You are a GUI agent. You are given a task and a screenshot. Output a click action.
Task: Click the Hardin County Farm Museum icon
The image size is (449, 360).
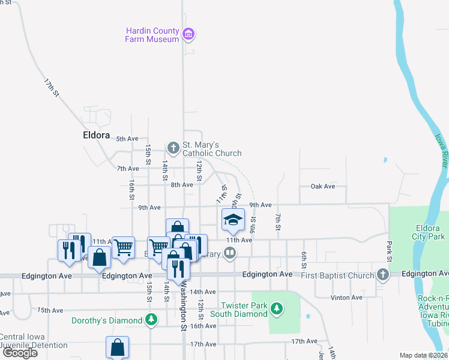(x=189, y=34)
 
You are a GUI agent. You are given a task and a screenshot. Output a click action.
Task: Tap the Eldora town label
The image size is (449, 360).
(x=96, y=135)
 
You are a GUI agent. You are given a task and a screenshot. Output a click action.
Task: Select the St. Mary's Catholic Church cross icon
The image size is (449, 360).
(x=173, y=148)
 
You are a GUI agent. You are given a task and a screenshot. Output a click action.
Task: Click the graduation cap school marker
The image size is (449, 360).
(x=233, y=220)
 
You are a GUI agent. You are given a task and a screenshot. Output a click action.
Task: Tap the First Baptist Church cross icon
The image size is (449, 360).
(x=383, y=275)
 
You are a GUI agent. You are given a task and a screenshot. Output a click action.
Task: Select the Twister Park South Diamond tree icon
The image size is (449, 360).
(x=276, y=309)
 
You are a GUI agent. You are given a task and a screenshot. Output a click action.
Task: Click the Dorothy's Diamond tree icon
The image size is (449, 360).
(x=152, y=320)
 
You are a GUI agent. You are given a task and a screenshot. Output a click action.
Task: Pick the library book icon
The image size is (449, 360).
(x=230, y=254)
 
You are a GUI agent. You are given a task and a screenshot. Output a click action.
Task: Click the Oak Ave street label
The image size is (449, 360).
(x=322, y=187)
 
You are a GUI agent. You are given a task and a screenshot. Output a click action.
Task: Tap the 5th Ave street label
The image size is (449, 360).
(x=127, y=139)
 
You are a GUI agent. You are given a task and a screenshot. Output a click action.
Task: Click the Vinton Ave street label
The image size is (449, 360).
(x=346, y=297)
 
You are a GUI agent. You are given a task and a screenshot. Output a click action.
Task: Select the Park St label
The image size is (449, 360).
(x=389, y=251)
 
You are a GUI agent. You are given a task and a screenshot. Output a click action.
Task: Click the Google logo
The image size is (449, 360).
(x=20, y=353)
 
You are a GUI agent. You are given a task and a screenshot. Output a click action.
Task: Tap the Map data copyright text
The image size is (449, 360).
(x=424, y=355)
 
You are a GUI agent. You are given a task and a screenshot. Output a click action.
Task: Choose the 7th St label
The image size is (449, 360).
(x=278, y=221)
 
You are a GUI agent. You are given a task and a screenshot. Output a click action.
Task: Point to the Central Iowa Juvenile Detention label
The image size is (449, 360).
(x=34, y=341)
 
